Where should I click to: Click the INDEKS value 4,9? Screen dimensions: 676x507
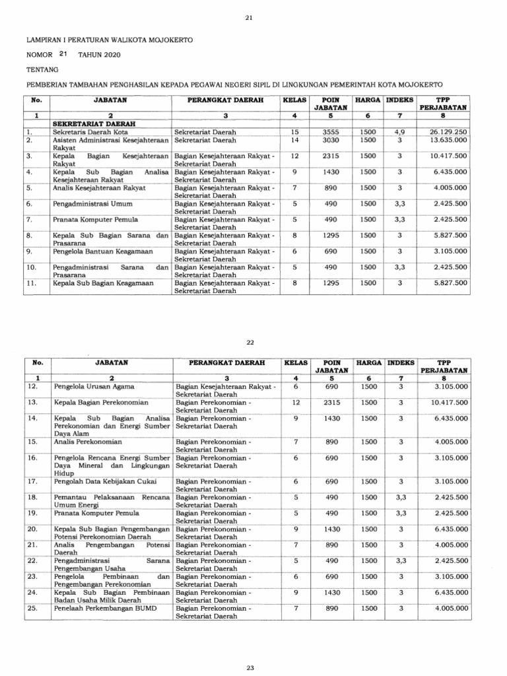[400, 132]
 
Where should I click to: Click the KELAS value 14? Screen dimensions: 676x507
[295, 141]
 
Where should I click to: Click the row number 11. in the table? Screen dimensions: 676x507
[30, 283]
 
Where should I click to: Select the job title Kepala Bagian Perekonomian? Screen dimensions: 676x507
[100, 402]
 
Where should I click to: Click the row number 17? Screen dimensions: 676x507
[32, 481]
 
